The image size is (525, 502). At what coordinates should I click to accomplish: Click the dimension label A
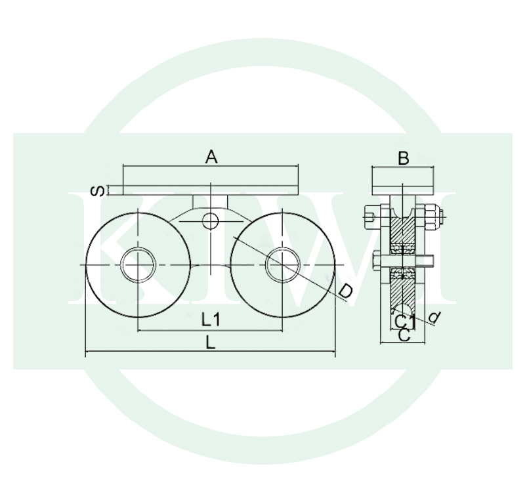pos(211,157)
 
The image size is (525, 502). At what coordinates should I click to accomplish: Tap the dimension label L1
pos(211,320)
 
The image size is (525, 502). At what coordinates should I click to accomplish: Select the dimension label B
pos(404,158)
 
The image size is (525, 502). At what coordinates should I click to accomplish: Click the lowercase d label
pos(434,317)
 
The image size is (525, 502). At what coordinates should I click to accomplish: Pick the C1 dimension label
pos(404,322)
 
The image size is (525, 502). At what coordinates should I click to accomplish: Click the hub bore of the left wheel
pos(138,265)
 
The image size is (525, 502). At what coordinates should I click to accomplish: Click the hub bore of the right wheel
pos(282,265)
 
